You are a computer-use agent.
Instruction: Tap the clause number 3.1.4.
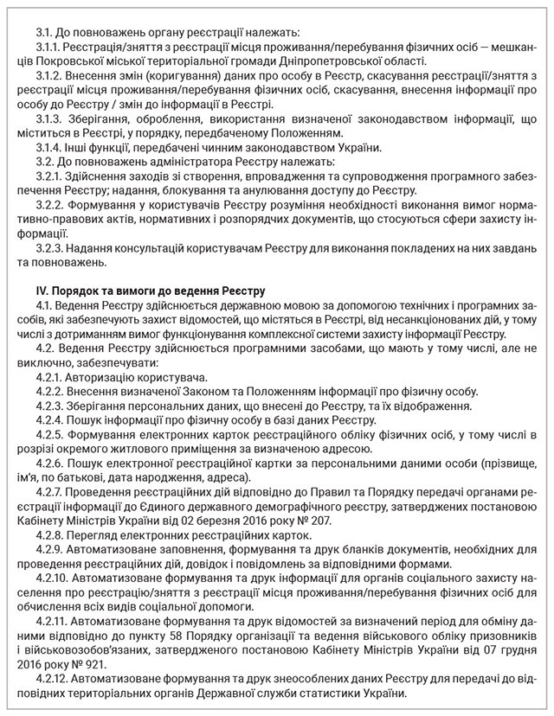[51, 148]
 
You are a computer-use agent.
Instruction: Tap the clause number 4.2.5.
[52, 430]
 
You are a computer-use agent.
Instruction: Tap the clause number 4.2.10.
[55, 579]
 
